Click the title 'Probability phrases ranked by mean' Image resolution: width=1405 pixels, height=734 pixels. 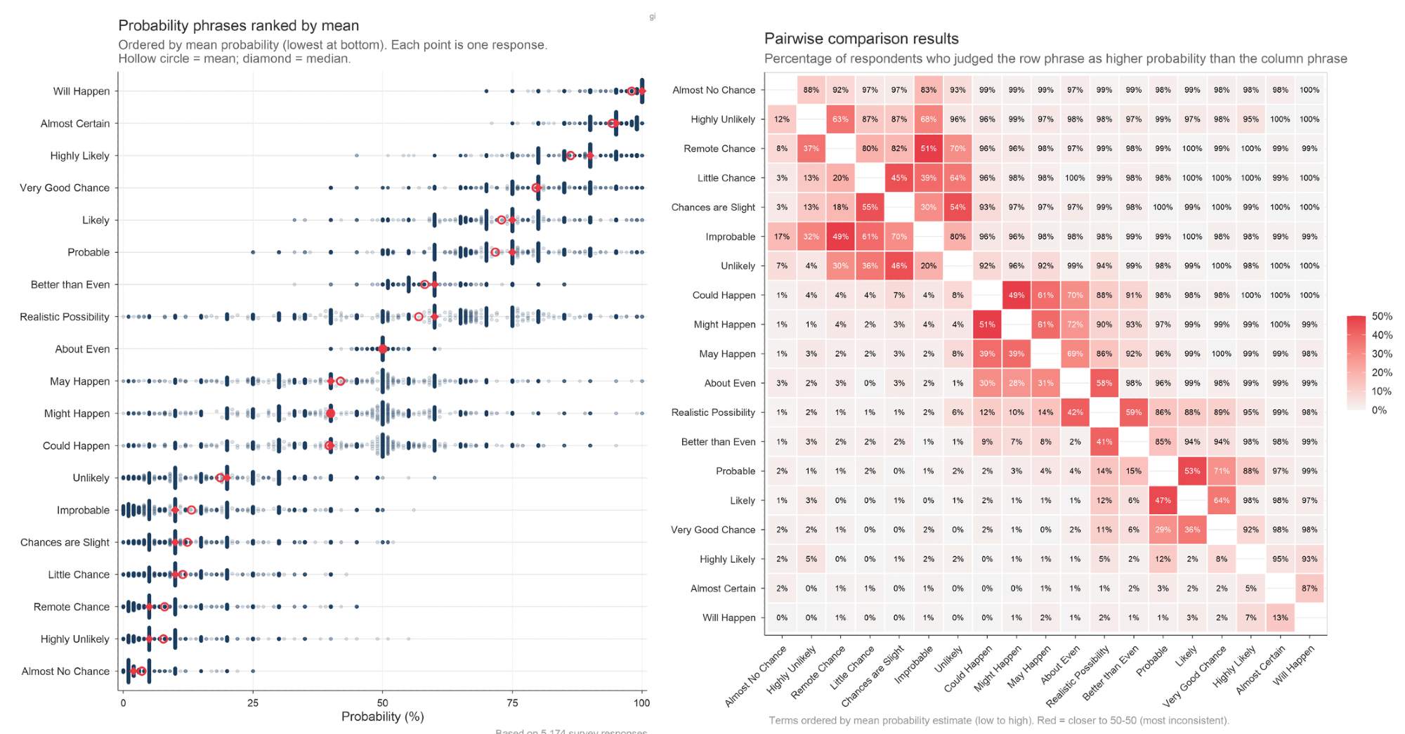tap(238, 26)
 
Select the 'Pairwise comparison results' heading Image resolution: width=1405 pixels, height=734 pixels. tap(861, 39)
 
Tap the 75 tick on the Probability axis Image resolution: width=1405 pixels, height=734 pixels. tap(512, 702)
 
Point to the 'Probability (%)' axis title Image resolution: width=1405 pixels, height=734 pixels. tap(382, 716)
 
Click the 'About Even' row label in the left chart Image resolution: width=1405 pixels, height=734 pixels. tap(82, 349)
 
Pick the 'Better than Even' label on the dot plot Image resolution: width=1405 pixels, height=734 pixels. tap(70, 284)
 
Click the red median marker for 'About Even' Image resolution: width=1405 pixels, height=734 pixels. tap(382, 349)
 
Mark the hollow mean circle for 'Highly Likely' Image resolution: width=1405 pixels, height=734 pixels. tap(570, 155)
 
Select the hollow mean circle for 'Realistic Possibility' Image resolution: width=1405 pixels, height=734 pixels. tap(419, 317)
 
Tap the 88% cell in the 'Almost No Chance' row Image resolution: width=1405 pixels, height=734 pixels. tap(811, 90)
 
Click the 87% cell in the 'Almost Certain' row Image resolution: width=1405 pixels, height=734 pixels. tap(1309, 589)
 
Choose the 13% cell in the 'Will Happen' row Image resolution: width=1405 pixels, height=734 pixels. tap(1280, 618)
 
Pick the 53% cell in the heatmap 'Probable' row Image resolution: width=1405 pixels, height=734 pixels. tap(1192, 471)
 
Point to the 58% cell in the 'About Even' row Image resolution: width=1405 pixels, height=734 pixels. tap(1104, 384)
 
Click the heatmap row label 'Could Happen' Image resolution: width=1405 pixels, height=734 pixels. tap(724, 295)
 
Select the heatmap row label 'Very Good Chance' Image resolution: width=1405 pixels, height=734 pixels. tap(713, 530)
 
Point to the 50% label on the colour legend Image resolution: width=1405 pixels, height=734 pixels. tap(1382, 317)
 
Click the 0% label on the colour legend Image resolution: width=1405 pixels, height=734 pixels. tap(1379, 410)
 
